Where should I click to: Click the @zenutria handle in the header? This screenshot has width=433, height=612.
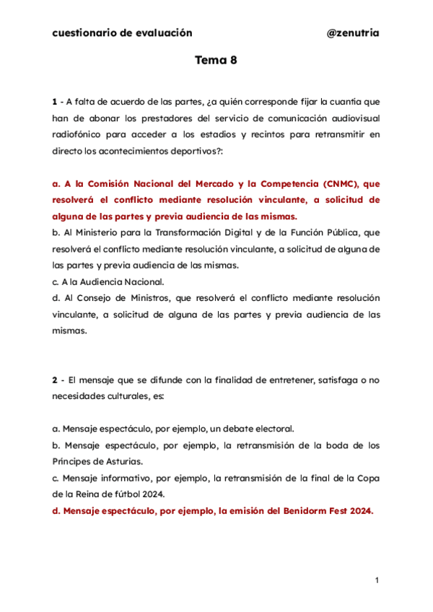coord(353,33)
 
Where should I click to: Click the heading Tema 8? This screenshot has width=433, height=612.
coord(216,61)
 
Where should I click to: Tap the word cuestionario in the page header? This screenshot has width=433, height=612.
coord(82,33)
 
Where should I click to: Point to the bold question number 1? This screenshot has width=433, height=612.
coord(55,101)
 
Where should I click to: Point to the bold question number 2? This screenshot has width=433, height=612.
coord(55,381)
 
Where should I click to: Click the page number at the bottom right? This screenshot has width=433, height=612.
coord(377,580)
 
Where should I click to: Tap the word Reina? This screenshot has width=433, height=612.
coord(89,494)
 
